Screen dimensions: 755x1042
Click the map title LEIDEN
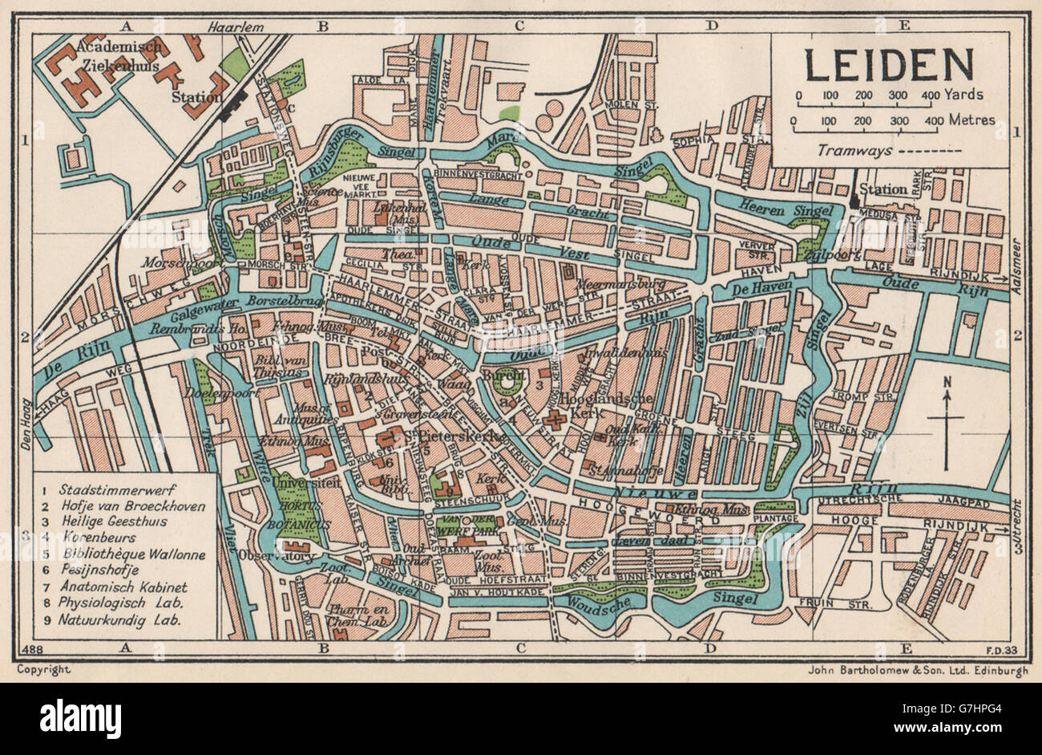[890, 65]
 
